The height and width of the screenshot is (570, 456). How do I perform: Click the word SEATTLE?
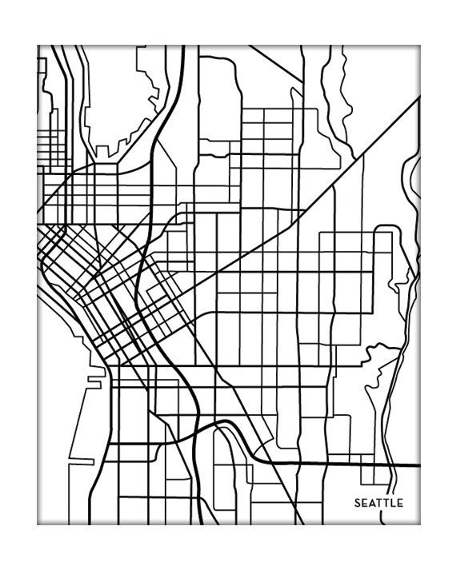point(379,503)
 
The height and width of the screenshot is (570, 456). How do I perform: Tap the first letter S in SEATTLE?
point(358,503)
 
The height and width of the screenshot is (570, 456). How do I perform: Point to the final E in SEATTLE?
point(401,503)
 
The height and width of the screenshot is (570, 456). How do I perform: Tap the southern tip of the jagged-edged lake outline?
point(101,155)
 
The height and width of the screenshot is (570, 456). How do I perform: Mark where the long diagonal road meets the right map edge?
point(419,98)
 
